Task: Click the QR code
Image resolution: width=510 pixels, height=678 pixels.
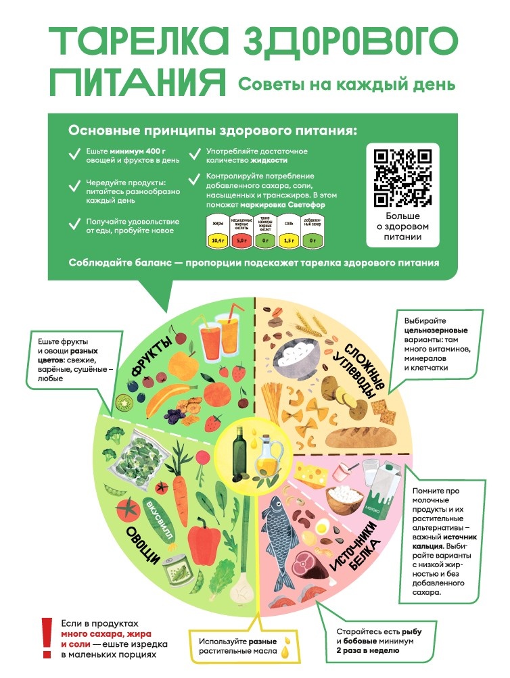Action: pos(403,177)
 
